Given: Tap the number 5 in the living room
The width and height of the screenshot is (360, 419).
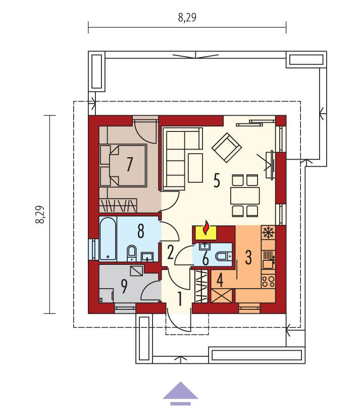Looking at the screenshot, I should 216,180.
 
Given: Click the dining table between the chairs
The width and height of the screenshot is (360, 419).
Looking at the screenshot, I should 245,195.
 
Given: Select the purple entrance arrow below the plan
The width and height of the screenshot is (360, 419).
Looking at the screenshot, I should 180,393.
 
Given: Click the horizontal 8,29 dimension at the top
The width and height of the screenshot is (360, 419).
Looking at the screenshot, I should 187,18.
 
